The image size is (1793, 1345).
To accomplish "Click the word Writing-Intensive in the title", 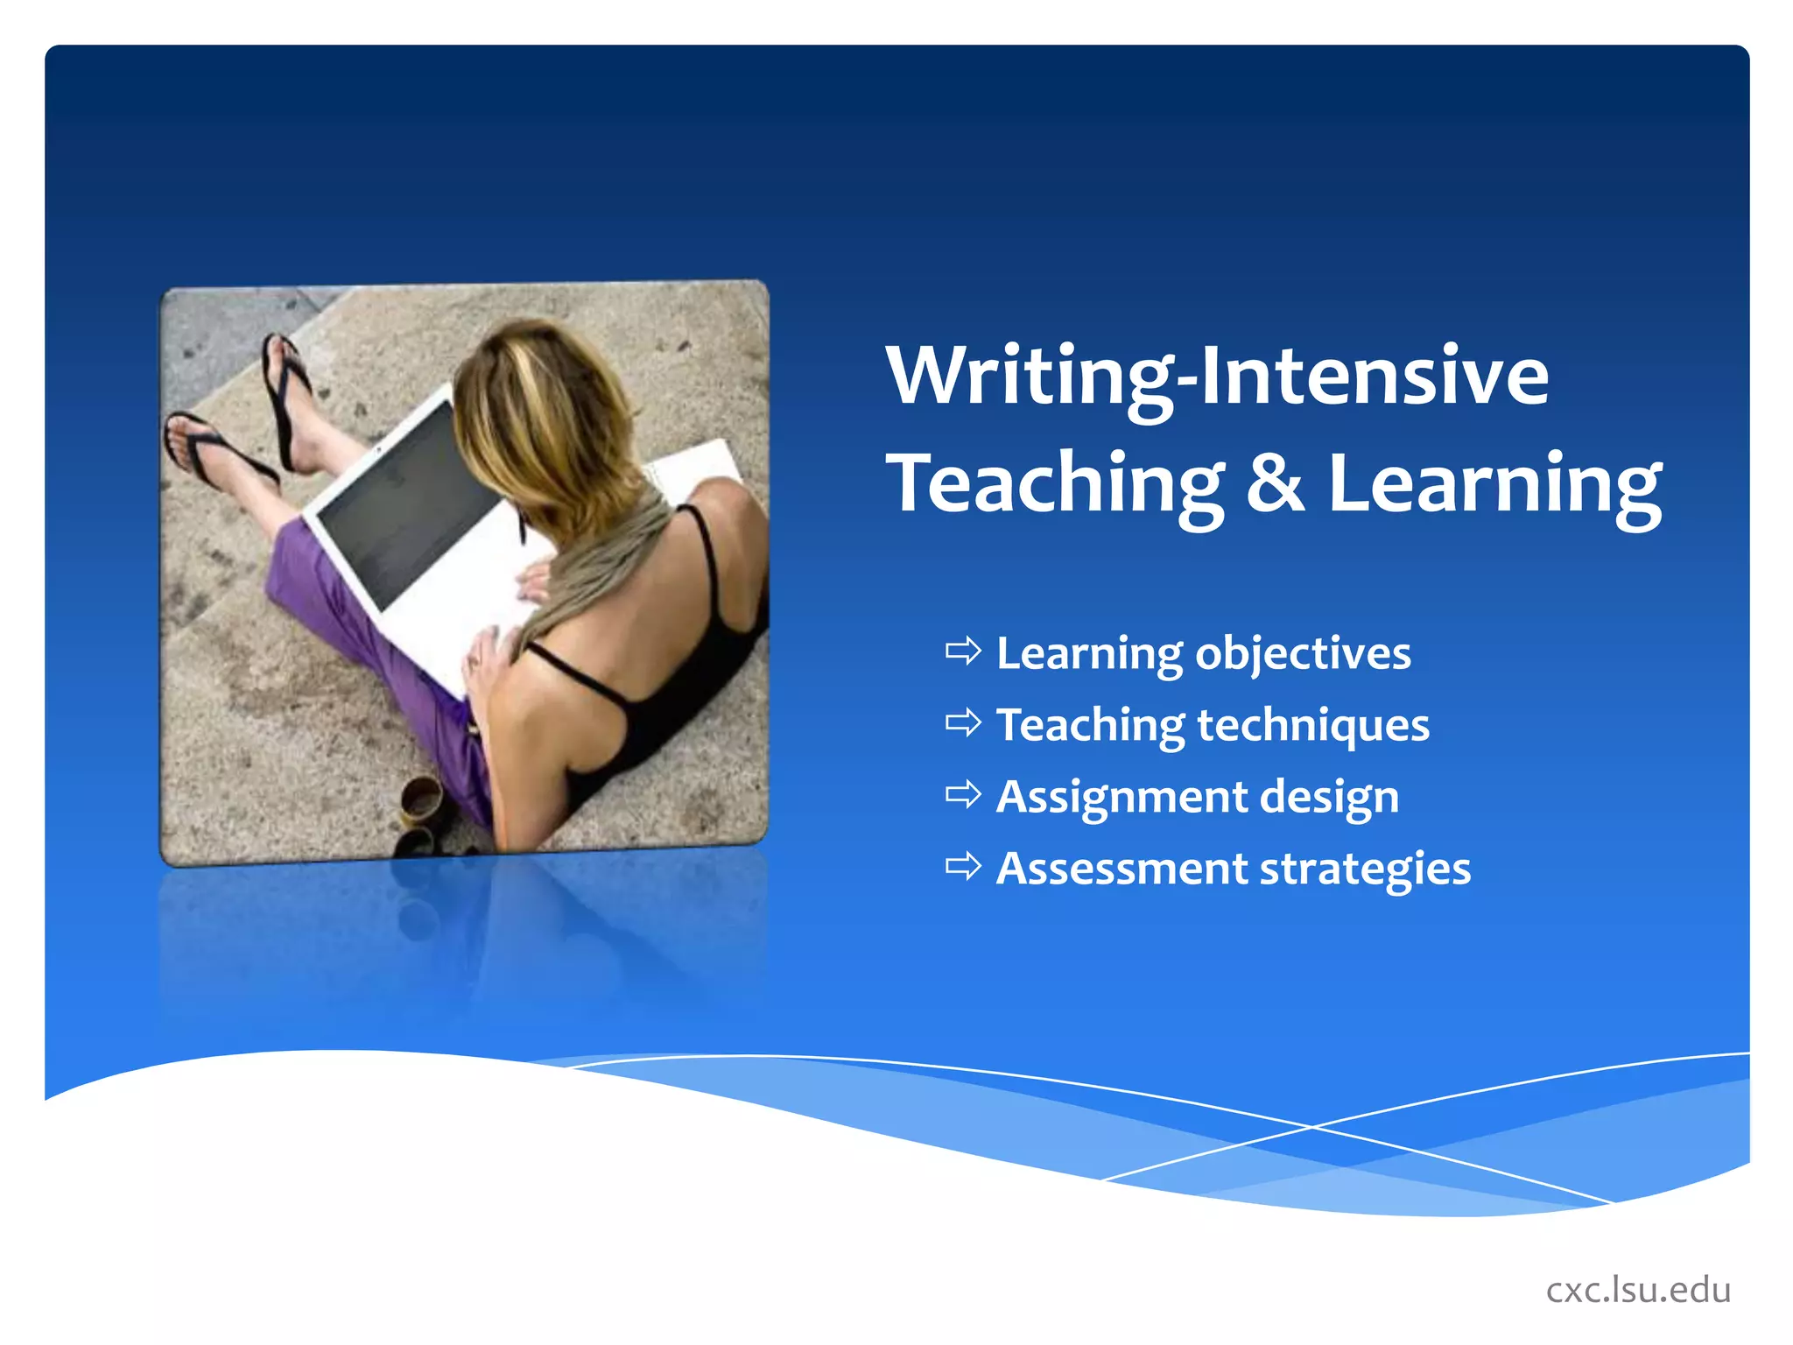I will click(x=1217, y=377).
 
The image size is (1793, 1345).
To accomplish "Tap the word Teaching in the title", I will click(x=1055, y=484).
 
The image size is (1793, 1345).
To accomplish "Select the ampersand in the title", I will click(x=1275, y=484).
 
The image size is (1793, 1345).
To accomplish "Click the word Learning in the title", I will click(x=1494, y=484).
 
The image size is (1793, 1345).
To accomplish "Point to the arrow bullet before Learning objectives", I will click(x=963, y=651).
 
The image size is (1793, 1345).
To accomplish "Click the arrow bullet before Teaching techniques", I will click(x=963, y=723).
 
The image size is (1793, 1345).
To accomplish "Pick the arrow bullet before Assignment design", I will click(x=963, y=795).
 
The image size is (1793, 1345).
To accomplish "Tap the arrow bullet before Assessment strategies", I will click(x=963, y=867).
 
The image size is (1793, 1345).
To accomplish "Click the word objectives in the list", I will click(x=1304, y=654).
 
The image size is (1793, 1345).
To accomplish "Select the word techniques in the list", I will click(x=1313, y=726).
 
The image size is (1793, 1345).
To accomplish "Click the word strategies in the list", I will click(x=1365, y=870).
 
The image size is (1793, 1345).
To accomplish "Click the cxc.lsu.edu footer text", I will click(x=1638, y=1290).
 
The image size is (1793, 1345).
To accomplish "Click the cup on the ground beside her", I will click(x=421, y=801).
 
